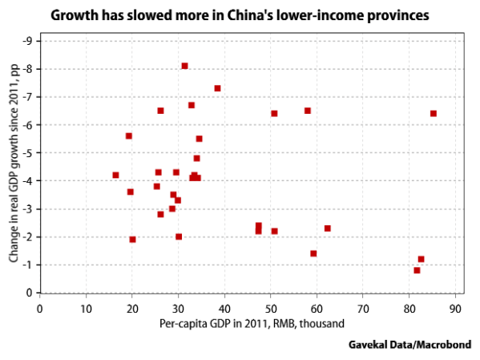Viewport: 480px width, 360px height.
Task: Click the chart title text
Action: point(240,14)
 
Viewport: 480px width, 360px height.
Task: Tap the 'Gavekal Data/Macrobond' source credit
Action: point(409,344)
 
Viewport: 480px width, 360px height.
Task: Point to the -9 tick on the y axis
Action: point(26,41)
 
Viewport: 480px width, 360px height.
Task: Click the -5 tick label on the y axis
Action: point(26,153)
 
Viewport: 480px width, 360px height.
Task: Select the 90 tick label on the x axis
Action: point(456,307)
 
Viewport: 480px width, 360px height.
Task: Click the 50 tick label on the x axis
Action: point(271,307)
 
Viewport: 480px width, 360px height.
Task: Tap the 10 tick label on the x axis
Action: point(86,307)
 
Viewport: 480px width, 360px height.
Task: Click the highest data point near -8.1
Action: point(184,66)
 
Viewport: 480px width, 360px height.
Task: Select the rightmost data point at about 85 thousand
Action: point(434,114)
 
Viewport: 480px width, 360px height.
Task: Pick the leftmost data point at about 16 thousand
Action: point(115,175)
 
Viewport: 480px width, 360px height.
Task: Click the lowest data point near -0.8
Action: point(417,270)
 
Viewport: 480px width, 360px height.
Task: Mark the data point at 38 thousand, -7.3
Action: point(217,88)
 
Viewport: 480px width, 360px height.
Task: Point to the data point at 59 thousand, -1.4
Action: point(313,253)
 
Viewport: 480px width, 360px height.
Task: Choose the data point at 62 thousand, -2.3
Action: point(327,229)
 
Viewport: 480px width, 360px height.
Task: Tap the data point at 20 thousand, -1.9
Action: point(132,239)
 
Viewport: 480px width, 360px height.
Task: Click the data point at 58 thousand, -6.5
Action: point(307,111)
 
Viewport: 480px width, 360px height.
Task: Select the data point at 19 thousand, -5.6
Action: point(128,136)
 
